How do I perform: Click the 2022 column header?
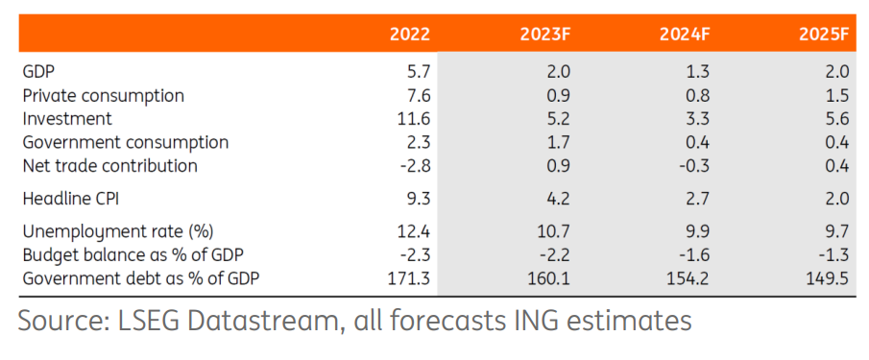[410, 35]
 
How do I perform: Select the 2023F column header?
[545, 35]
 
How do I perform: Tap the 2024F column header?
[685, 35]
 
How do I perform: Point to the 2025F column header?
[824, 35]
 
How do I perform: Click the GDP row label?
[38, 71]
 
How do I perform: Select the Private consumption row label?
[103, 95]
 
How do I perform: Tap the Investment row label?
[67, 118]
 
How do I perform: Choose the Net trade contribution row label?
[109, 165]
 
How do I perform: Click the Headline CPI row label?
[70, 199]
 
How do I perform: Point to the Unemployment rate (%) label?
[117, 231]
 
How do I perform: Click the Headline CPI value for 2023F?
[559, 199]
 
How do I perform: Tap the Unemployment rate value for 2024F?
[698, 231]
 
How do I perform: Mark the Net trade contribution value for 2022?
[416, 165]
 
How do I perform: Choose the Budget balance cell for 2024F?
[695, 254]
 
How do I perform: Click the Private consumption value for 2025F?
[838, 95]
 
